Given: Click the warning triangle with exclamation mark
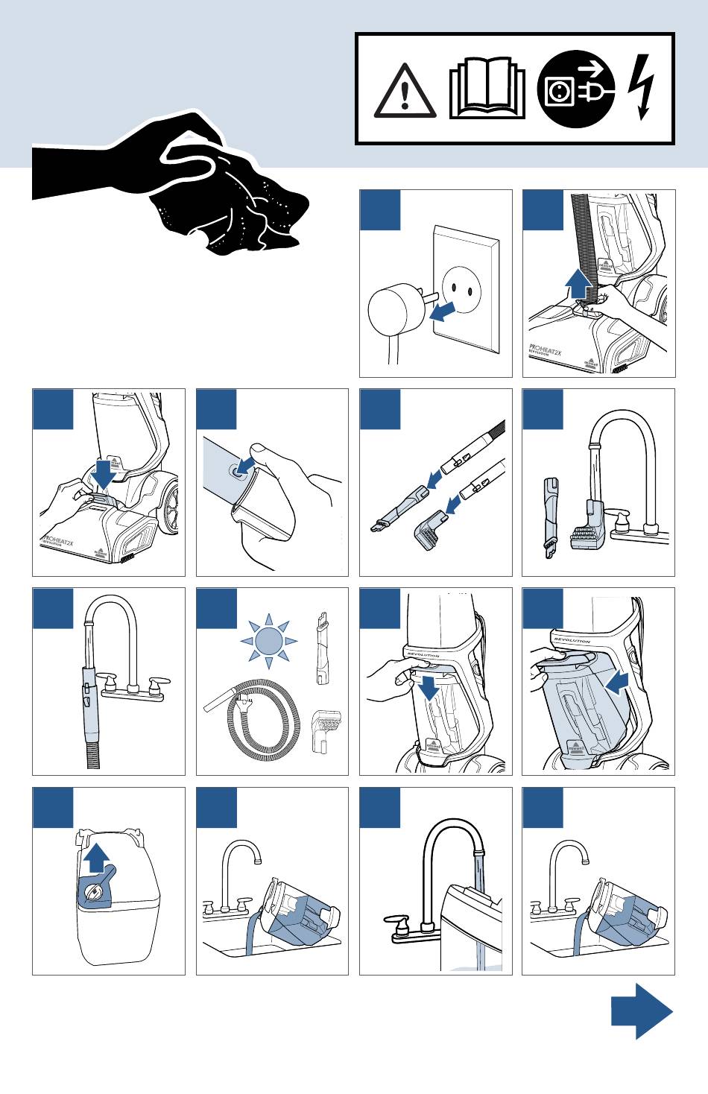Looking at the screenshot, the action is pyautogui.click(x=405, y=92).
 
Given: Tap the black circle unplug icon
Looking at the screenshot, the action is pyautogui.click(x=575, y=89).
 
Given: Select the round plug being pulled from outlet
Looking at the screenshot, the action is pyautogui.click(x=395, y=312).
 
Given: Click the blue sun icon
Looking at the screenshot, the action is pyautogui.click(x=268, y=640).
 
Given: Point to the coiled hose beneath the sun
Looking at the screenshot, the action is pyautogui.click(x=257, y=719).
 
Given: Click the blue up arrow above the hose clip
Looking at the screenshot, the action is pyautogui.click(x=578, y=284).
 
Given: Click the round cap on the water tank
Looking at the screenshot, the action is pyautogui.click(x=95, y=891).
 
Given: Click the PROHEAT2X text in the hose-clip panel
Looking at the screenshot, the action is pyautogui.click(x=546, y=348).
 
